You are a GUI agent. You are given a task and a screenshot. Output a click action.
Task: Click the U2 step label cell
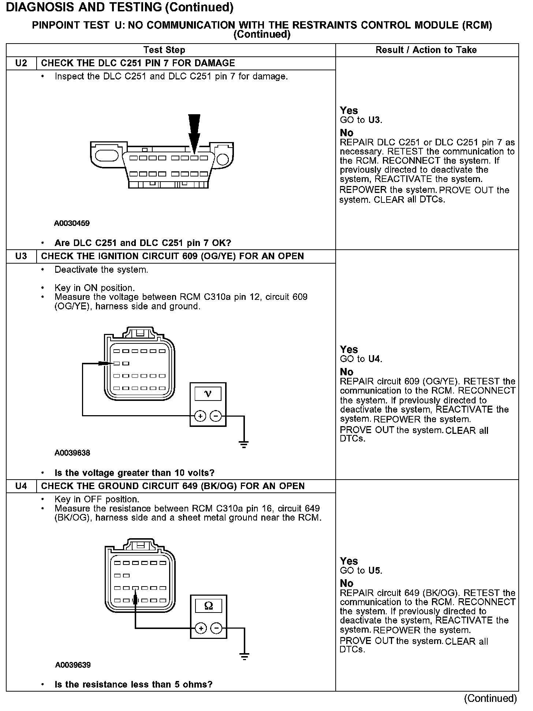pyautogui.click(x=21, y=63)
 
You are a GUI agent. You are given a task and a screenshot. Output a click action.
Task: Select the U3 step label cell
pyautogui.click(x=21, y=256)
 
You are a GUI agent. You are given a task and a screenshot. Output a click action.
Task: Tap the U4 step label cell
pyautogui.click(x=21, y=486)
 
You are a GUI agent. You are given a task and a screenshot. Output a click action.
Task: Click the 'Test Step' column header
pyautogui.click(x=164, y=50)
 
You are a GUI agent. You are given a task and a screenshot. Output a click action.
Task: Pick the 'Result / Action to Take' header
pyautogui.click(x=426, y=50)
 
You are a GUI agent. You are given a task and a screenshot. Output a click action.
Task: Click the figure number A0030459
pyautogui.click(x=72, y=223)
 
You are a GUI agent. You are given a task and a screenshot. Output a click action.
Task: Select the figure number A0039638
pyautogui.click(x=72, y=453)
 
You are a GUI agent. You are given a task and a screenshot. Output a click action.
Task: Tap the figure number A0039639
pyautogui.click(x=73, y=665)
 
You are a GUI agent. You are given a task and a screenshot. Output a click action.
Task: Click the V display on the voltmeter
pyautogui.click(x=208, y=394)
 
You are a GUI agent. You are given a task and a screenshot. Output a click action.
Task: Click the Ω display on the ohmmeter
pyautogui.click(x=209, y=606)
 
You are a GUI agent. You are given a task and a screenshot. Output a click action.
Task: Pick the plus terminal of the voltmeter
pyautogui.click(x=200, y=416)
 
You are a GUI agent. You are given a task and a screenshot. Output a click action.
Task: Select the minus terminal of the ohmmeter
pyautogui.click(x=217, y=629)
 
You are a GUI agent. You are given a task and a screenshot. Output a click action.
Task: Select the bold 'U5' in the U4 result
pyautogui.click(x=375, y=570)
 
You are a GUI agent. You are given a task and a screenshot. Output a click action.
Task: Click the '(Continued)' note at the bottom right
pyautogui.click(x=490, y=699)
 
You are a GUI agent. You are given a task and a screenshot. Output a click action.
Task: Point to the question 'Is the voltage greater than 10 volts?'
pyautogui.click(x=134, y=473)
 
